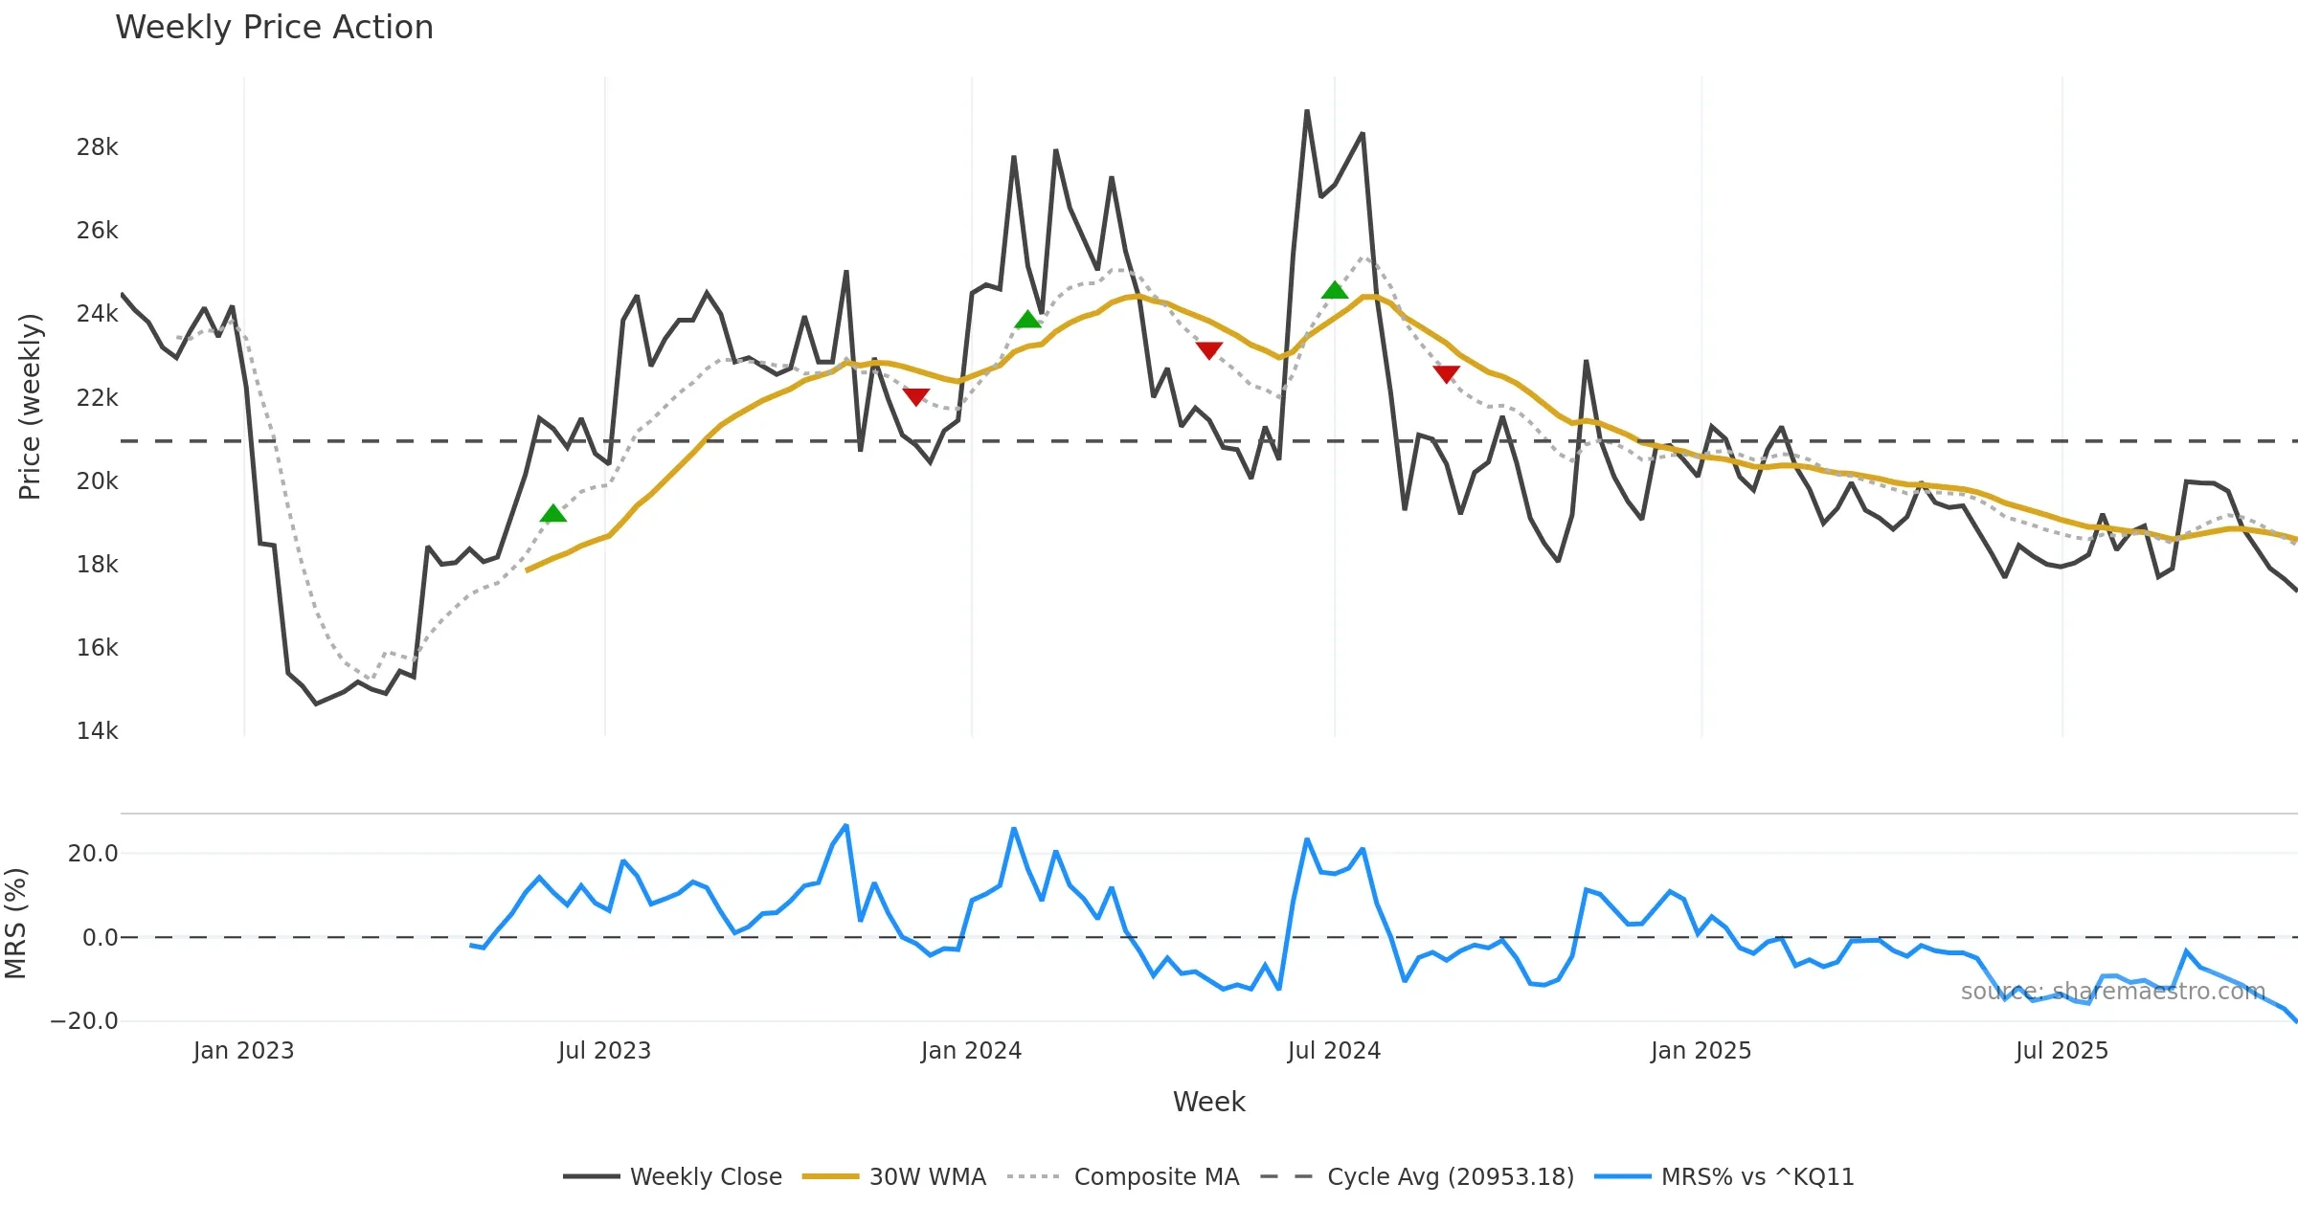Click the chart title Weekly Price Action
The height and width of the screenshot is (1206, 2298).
point(274,28)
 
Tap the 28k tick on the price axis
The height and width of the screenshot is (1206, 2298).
point(97,147)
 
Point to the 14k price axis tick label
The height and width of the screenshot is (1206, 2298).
point(97,731)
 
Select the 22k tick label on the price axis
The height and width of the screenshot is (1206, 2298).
point(97,398)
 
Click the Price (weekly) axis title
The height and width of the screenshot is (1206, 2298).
point(30,407)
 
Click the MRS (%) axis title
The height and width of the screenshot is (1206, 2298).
point(15,924)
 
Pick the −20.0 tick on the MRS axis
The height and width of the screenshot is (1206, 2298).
point(84,1021)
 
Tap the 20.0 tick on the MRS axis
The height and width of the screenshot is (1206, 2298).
point(93,854)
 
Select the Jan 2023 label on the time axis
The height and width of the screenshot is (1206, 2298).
point(243,1051)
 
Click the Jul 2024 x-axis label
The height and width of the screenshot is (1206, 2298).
point(1334,1051)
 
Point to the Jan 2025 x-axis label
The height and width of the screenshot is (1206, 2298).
point(1701,1051)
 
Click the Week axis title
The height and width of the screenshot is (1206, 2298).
point(1208,1103)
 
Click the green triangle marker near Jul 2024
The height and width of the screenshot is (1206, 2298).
point(1335,291)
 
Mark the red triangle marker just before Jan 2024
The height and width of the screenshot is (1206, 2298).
point(915,396)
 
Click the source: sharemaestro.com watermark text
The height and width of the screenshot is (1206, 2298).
point(2112,992)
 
